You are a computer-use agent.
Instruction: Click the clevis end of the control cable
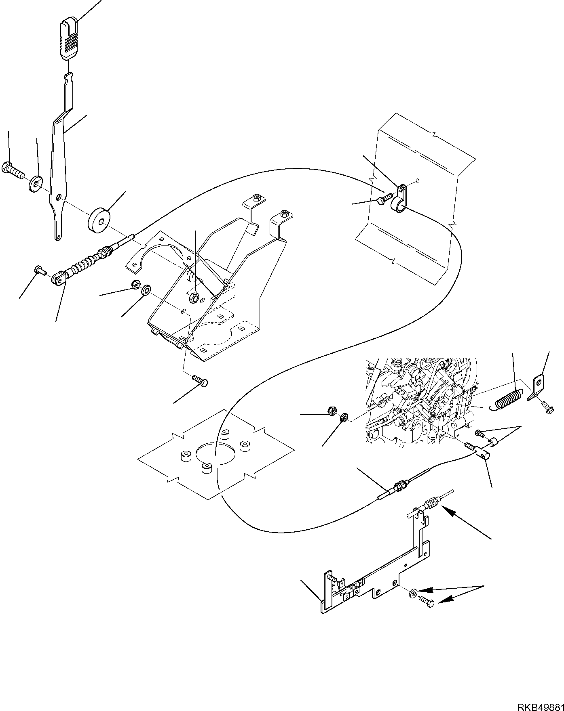click(59, 278)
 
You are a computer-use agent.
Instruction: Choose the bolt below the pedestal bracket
click(200, 380)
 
